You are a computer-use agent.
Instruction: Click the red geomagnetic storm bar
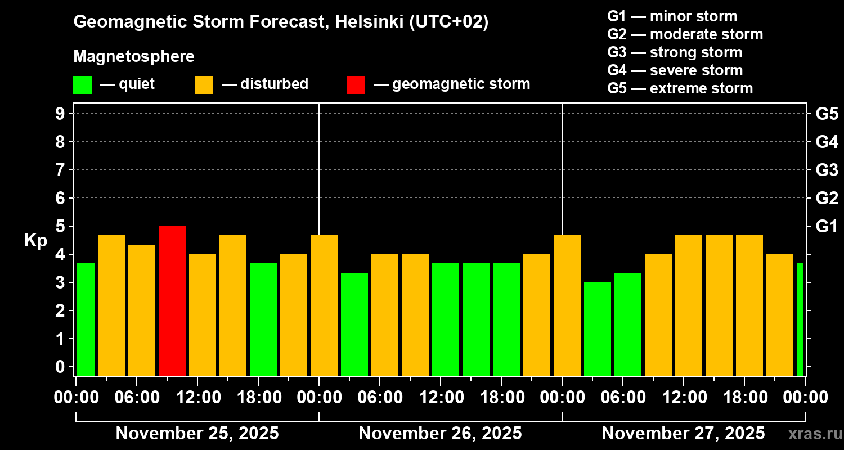pos(172,300)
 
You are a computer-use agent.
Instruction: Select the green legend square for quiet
pos(82,84)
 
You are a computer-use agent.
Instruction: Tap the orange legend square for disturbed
pos(204,84)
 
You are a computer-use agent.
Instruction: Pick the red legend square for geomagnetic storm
pos(356,84)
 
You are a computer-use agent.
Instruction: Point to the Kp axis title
pos(35,240)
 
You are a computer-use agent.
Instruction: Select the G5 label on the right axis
pos(827,114)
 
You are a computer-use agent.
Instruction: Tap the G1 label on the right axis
pos(827,226)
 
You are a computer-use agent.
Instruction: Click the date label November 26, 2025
pos(440,434)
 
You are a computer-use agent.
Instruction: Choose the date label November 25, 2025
pos(197,434)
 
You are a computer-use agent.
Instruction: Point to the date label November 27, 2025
pos(683,434)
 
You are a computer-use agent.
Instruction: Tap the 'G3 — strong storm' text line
pos(675,52)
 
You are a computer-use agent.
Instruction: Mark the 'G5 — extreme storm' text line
pos(680,88)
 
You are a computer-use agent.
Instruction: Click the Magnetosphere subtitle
pos(134,57)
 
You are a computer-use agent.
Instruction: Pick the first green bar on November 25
pos(86,319)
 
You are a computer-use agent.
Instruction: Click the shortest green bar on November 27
pos(598,328)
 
